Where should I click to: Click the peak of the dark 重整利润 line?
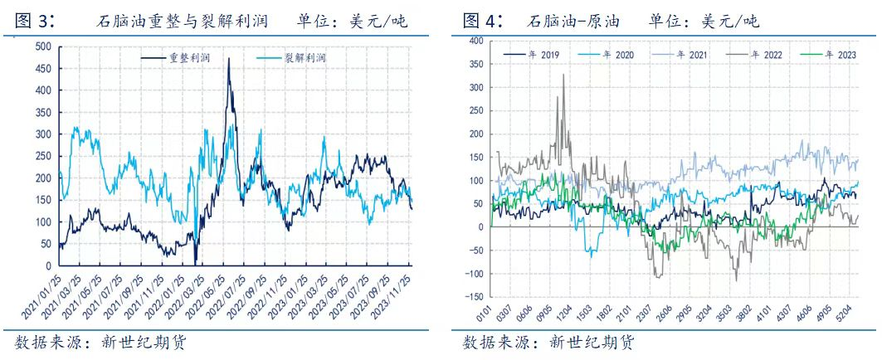click(229, 58)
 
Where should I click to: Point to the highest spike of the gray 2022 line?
click(563, 75)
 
